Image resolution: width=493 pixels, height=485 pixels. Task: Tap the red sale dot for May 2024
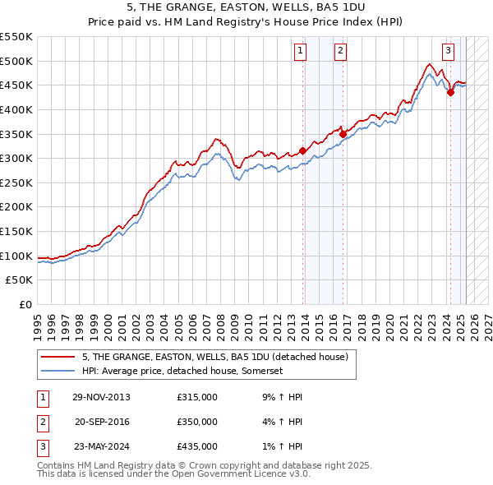point(450,93)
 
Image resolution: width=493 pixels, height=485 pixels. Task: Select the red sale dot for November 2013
point(303,150)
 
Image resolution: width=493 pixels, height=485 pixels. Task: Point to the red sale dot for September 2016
point(343,134)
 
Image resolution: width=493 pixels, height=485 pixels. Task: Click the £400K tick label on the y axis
point(16,109)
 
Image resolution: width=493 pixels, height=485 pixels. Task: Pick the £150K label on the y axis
point(16,231)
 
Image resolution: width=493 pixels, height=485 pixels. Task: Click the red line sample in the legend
point(58,357)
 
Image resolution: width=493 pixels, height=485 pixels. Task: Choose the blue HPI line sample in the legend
point(58,372)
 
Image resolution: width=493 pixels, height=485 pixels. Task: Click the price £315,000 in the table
point(197,397)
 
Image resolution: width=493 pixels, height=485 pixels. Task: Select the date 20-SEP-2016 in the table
point(102,422)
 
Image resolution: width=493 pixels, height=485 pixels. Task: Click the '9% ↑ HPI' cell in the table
point(279,397)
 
